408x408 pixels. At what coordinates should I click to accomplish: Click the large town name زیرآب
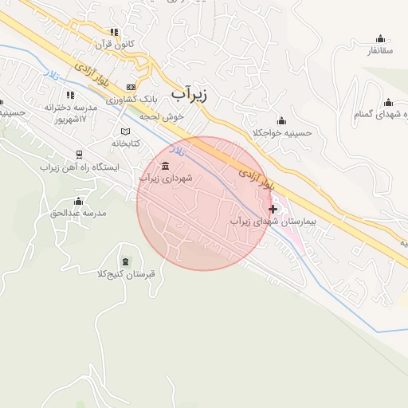189,94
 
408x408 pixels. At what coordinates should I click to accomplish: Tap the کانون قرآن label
116,44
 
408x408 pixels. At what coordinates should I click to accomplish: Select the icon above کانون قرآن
115,33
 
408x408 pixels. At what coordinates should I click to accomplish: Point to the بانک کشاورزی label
135,99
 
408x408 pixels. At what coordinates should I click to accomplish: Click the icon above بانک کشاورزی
131,87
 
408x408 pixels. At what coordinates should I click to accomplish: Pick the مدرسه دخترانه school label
71,107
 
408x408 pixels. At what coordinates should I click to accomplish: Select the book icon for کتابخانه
124,131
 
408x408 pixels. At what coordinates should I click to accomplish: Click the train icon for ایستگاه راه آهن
79,155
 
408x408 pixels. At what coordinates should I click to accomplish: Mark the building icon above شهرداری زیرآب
165,166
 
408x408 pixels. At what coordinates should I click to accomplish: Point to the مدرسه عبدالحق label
78,213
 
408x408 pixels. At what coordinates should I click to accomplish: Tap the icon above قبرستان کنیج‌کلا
124,261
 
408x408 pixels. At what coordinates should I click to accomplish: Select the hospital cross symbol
273,209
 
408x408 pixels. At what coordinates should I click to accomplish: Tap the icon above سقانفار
380,38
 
